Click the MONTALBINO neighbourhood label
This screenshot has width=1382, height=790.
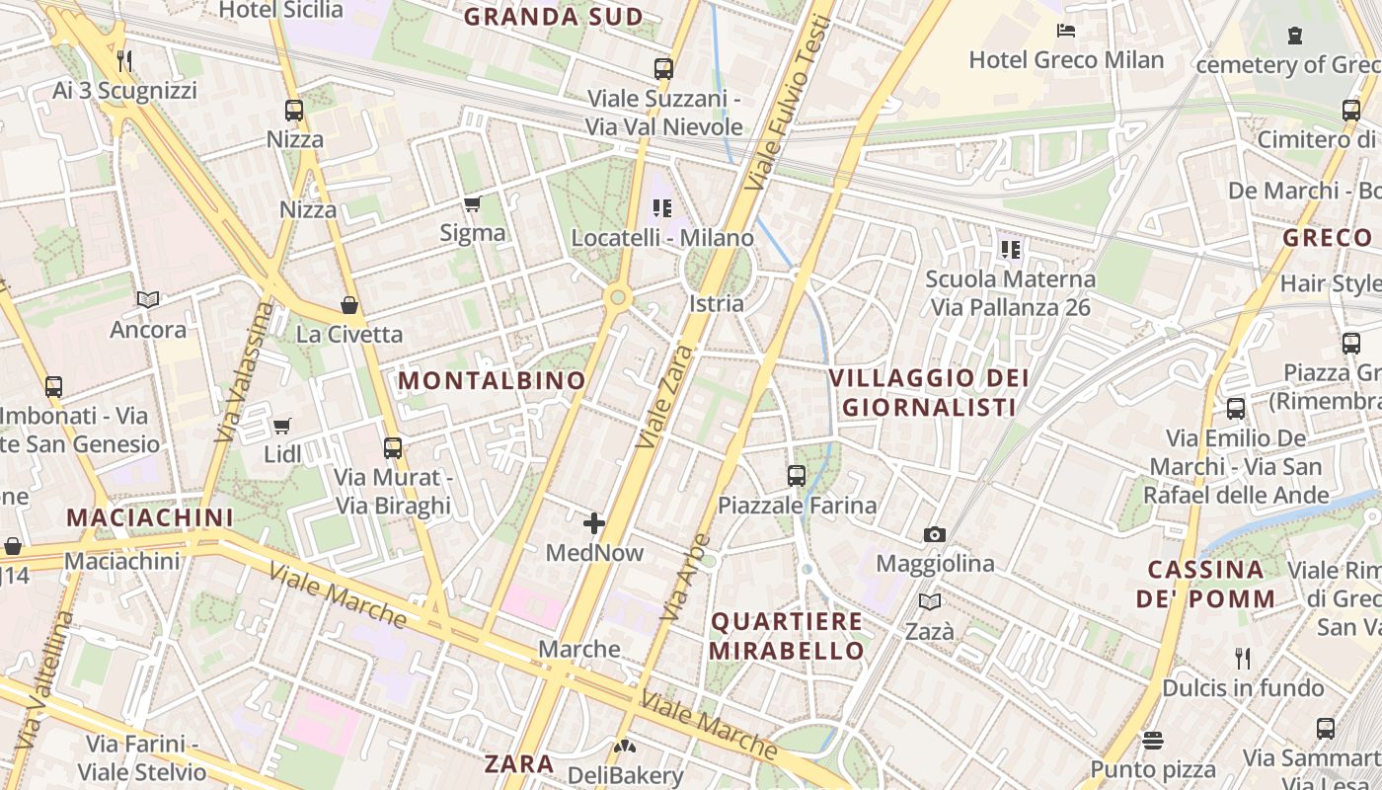[492, 380]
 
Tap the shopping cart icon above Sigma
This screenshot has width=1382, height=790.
[473, 204]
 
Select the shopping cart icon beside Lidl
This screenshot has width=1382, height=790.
[282, 427]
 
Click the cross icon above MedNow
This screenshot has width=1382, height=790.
[594, 523]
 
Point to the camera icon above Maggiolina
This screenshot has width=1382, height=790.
[935, 535]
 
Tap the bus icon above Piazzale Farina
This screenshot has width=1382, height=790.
[797, 476]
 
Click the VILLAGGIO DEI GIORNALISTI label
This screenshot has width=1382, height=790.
[929, 392]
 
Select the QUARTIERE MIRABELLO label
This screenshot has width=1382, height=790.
[787, 636]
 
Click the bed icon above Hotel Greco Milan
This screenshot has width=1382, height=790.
[1066, 31]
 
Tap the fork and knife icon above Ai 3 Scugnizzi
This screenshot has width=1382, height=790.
[124, 61]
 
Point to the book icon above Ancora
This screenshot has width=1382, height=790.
[148, 299]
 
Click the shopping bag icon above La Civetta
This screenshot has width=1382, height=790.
[348, 304]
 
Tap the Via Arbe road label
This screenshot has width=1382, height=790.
[685, 578]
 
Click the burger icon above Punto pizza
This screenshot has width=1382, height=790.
[1153, 740]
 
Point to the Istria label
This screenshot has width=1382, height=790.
[717, 303]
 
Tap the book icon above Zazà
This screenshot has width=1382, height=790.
[930, 601]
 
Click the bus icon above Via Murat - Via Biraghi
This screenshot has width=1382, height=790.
[393, 448]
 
